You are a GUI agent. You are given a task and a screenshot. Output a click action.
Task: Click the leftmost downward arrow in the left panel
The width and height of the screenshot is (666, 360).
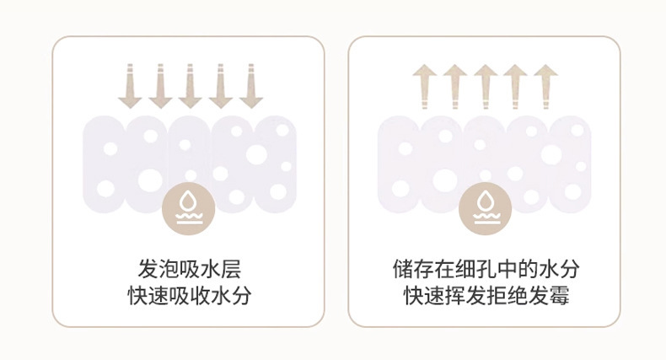coord(130,86)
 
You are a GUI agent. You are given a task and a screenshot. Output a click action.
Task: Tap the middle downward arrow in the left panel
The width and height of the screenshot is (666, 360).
coord(190,86)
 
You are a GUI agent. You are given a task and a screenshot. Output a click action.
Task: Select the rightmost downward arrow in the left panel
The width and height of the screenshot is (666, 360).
coord(250,86)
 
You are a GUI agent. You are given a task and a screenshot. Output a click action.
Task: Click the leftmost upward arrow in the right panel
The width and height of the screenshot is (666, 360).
coord(425,87)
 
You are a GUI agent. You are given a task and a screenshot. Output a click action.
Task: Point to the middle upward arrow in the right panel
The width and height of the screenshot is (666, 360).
coord(486,87)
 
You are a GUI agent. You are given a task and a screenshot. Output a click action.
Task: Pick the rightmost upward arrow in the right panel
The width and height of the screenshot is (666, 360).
coord(545,87)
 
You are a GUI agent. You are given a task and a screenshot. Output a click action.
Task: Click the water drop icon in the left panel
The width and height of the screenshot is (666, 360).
coord(189,208)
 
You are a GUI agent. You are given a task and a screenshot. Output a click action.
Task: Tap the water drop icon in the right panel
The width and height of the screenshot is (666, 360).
coord(485,208)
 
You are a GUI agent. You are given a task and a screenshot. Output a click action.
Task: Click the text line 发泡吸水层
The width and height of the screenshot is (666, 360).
coord(190,269)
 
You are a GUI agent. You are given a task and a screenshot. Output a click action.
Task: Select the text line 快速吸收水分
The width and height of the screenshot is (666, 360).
coord(190,295)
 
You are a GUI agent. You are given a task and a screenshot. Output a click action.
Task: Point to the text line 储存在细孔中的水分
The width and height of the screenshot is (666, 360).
coord(486,269)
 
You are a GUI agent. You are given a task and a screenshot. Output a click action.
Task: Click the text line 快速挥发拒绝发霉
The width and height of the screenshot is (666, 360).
coord(486,295)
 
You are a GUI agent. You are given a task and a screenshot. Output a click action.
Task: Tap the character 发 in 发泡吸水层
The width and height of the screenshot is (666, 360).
coord(148,269)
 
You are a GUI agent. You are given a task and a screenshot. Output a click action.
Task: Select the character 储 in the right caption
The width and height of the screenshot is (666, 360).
coord(403,269)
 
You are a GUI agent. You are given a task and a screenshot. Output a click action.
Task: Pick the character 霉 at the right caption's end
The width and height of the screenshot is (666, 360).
coord(559,295)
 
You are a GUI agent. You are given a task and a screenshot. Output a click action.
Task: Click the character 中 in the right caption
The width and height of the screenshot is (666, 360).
coord(507,269)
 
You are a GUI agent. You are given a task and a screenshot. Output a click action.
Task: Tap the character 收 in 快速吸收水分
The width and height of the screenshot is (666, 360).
coord(200,295)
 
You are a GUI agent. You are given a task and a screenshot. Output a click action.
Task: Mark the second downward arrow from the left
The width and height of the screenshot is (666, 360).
coord(160,86)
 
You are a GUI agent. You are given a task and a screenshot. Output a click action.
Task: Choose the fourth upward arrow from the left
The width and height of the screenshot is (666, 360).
coord(516,87)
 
